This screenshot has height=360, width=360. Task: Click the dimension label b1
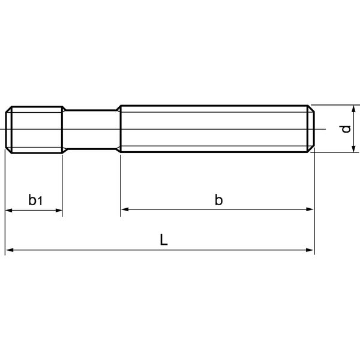click(x=35, y=200)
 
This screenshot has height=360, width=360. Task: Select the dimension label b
click(x=219, y=200)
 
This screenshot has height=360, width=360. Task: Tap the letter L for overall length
click(x=164, y=239)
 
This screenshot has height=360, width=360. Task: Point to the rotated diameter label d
click(x=346, y=129)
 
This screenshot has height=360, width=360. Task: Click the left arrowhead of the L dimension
click(x=9, y=250)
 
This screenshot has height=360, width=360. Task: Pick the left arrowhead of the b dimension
click(x=124, y=209)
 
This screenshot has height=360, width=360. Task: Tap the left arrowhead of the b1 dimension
click(x=9, y=210)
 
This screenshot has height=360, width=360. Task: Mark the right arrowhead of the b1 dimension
click(x=59, y=210)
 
